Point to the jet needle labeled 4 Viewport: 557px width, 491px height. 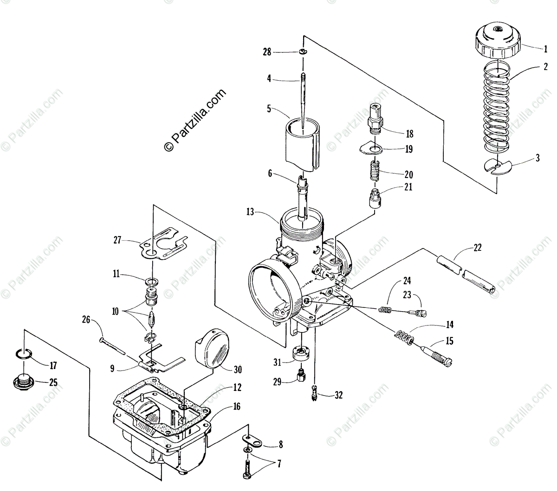click(302, 102)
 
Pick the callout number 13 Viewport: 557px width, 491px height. click(250, 212)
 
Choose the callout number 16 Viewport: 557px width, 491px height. click(237, 407)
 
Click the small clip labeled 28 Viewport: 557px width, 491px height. click(302, 51)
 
